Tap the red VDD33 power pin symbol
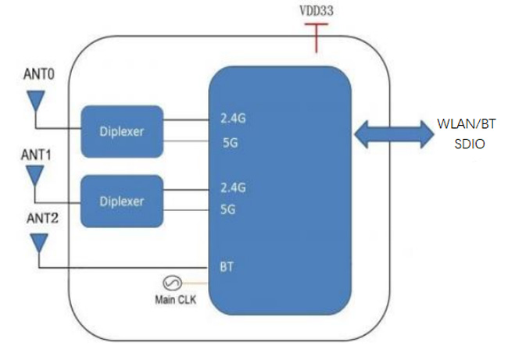tap(317, 35)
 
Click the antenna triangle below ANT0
tap(35, 101)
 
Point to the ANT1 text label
tap(37, 155)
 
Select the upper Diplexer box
tap(122, 130)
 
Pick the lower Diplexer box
tap(122, 201)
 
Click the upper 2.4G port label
tap(233, 119)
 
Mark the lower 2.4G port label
tap(233, 188)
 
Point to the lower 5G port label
tap(229, 209)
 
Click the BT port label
tap(227, 266)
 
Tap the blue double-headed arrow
tap(392, 134)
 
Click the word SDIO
tap(467, 144)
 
